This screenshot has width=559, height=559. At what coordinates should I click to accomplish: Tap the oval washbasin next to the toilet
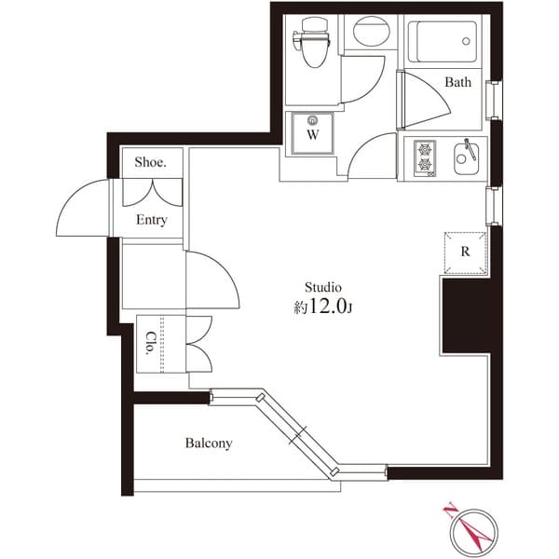tap(371, 31)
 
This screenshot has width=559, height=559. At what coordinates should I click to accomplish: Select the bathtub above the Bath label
tap(442, 42)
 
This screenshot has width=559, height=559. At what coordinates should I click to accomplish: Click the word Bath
tap(457, 82)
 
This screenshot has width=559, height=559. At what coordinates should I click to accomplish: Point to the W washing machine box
tap(313, 133)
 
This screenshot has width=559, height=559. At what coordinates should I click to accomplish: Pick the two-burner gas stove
tap(425, 158)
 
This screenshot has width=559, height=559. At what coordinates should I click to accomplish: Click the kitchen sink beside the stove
tap(467, 158)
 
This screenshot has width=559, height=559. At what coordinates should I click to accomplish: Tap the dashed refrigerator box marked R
tap(465, 252)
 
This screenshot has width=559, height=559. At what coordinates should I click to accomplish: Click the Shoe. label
tap(150, 162)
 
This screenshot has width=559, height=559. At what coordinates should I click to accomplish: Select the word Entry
tap(152, 220)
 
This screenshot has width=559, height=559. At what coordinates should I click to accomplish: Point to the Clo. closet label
tap(151, 343)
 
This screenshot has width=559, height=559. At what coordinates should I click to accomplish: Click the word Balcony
tap(209, 443)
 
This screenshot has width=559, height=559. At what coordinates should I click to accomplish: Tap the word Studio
tap(323, 287)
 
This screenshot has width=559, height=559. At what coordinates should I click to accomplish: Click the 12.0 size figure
tap(328, 306)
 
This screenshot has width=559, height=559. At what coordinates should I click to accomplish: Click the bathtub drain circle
tap(466, 41)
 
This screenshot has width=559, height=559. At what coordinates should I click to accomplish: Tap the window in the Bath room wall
tap(494, 100)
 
